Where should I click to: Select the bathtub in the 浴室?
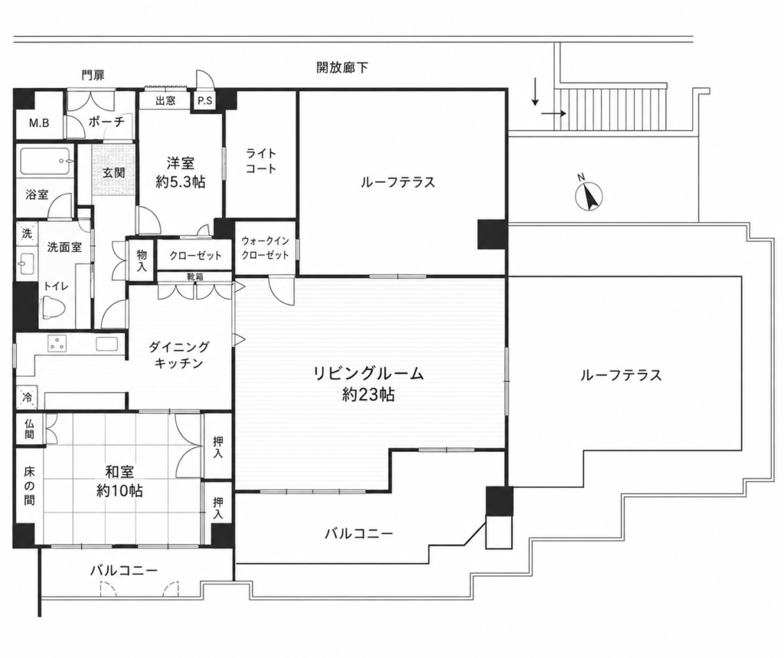pyautogui.click(x=45, y=162)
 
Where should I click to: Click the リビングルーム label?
pyautogui.click(x=368, y=373)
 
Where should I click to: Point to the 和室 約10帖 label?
pyautogui.click(x=119, y=481)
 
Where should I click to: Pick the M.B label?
pyautogui.click(x=38, y=123)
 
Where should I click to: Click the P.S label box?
pyautogui.click(x=204, y=101)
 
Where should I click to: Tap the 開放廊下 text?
pyautogui.click(x=342, y=67)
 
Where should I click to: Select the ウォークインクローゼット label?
pyautogui.click(x=265, y=248)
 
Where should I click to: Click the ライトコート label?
pyautogui.click(x=260, y=161)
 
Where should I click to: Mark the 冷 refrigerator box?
pyautogui.click(x=27, y=398)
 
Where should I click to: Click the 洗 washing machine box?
pyautogui.click(x=27, y=233)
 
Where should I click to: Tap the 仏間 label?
pyautogui.click(x=30, y=428)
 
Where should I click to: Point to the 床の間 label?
pyautogui.click(x=30, y=486)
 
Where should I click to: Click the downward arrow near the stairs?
pyautogui.click(x=535, y=92)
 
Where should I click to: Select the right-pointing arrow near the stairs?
pyautogui.click(x=554, y=113)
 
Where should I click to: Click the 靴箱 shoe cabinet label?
pyautogui.click(x=195, y=277)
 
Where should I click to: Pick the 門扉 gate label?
pyautogui.click(x=93, y=76)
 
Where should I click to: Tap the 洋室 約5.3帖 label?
pyautogui.click(x=181, y=172)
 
